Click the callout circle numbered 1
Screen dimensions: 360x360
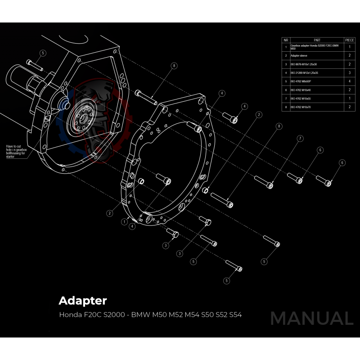pos(124,221)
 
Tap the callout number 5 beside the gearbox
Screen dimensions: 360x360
pos(42,53)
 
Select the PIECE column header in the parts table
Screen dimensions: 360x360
pos(350,40)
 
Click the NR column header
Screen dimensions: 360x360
pos(286,40)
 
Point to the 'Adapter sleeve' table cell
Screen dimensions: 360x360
pos(299,55)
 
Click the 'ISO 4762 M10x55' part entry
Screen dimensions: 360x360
pos(301,98)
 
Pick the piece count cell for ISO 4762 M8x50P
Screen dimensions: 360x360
pos(350,81)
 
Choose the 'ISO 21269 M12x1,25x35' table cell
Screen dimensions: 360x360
pos(305,72)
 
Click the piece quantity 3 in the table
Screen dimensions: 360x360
pos(350,72)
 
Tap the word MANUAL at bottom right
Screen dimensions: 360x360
pos(311,318)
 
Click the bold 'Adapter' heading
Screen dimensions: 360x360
pos(83,300)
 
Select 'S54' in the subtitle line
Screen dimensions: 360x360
pos(235,315)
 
